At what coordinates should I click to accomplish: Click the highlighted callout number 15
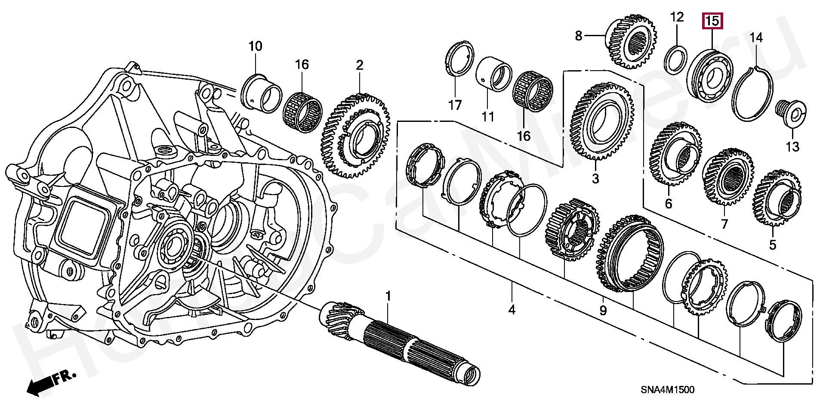[x=712, y=21]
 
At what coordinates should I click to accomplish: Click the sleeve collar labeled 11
[x=493, y=73]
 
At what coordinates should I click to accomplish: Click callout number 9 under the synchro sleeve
[x=603, y=311]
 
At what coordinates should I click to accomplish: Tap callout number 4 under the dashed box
[x=512, y=310]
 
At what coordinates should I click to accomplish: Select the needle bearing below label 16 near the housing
[x=302, y=106]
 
